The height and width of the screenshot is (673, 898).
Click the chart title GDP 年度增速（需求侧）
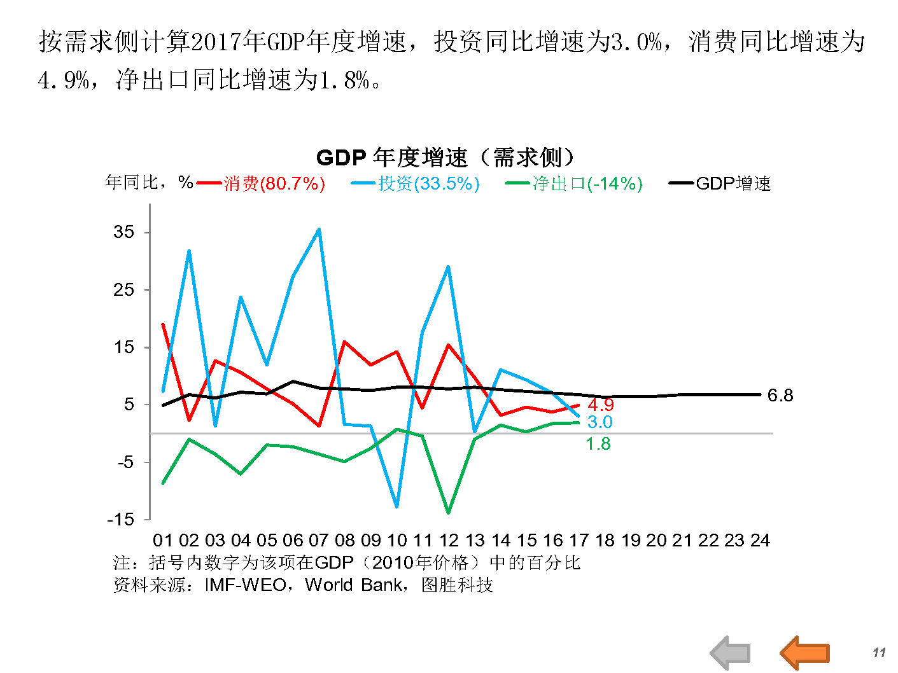445,157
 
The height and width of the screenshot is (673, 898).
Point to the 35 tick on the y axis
124,232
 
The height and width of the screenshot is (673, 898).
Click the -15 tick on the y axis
121,519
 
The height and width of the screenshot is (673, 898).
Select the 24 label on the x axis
760,541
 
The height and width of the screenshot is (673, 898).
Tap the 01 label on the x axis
163,541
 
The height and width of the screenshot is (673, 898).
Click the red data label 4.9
600,405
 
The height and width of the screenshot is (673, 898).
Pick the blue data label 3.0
600,422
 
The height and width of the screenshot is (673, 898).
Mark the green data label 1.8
598,444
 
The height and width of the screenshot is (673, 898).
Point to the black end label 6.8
780,396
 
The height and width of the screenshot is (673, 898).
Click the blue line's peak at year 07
319,229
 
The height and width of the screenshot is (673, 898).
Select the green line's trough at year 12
449,512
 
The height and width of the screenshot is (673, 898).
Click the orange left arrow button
805,653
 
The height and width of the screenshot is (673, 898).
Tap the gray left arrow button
731,653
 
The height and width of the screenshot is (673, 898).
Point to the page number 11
879,653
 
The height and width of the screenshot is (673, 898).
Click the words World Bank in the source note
353,585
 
